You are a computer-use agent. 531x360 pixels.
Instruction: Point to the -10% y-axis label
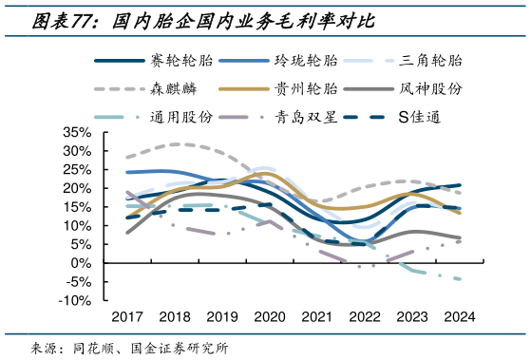(x=75, y=301)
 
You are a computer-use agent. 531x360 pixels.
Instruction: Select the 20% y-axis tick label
(x=77, y=188)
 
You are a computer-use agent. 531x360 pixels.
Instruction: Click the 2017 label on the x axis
(x=126, y=317)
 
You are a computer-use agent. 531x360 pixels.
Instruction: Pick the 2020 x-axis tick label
(x=271, y=317)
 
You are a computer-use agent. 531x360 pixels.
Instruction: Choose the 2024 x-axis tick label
(x=460, y=317)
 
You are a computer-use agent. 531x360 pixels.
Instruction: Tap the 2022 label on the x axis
(x=365, y=317)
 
